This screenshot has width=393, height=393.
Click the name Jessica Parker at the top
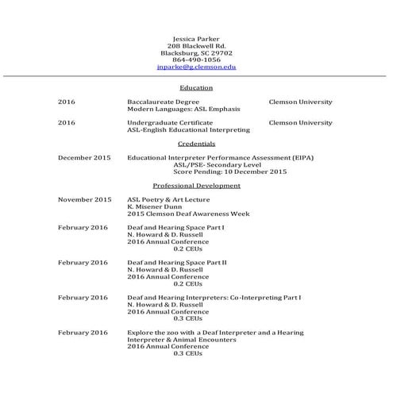point(196,39)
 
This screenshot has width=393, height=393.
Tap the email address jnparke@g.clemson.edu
point(196,67)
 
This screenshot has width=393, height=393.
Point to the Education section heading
point(196,87)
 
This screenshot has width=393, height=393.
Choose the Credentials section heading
point(196,144)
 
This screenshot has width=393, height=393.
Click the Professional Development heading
point(196,185)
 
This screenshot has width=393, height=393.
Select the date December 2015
point(84,158)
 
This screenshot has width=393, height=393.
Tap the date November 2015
point(84,199)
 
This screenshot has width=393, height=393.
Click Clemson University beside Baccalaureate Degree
point(300,102)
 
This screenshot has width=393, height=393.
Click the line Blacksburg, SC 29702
point(196,53)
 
